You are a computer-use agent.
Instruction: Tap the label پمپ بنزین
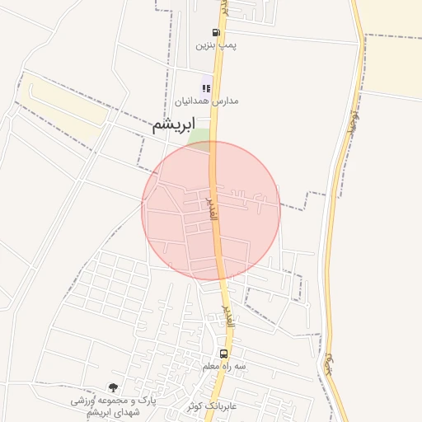(x=210, y=46)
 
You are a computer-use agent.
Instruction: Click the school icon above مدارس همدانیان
(x=206, y=87)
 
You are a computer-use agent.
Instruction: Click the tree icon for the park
(x=113, y=386)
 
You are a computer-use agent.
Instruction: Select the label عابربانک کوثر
(x=212, y=406)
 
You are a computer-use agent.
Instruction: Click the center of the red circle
(x=211, y=210)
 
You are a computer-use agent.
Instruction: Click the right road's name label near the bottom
(x=330, y=363)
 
